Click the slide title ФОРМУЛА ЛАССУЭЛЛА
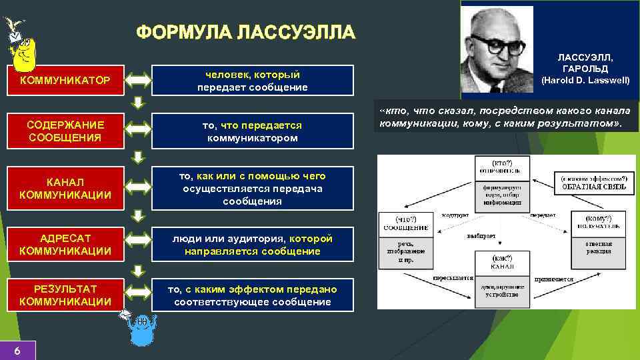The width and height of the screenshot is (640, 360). pyautogui.click(x=246, y=33)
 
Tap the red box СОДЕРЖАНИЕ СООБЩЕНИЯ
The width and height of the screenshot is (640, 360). pyautogui.click(x=65, y=131)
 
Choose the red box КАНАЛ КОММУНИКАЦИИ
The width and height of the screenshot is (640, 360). pyautogui.click(x=65, y=188)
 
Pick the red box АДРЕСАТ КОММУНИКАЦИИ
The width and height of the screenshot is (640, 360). pyautogui.click(x=65, y=245)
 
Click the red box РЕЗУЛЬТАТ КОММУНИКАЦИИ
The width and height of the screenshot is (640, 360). pyautogui.click(x=65, y=295)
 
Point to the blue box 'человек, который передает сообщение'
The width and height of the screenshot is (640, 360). pyautogui.click(x=253, y=81)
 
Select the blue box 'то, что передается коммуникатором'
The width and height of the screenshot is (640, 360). pyautogui.click(x=253, y=131)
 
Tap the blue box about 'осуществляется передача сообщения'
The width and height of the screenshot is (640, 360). pyautogui.click(x=253, y=188)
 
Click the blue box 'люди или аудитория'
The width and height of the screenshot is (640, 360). pyautogui.click(x=253, y=245)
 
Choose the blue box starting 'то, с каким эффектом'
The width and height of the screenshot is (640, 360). pyautogui.click(x=253, y=295)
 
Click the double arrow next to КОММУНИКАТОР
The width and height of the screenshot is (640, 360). pyautogui.click(x=139, y=81)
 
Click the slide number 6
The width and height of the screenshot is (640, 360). pyautogui.click(x=17, y=351)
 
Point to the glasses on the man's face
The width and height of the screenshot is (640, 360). pyautogui.click(x=496, y=45)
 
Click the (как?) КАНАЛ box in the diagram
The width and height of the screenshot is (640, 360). pyautogui.click(x=501, y=263)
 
